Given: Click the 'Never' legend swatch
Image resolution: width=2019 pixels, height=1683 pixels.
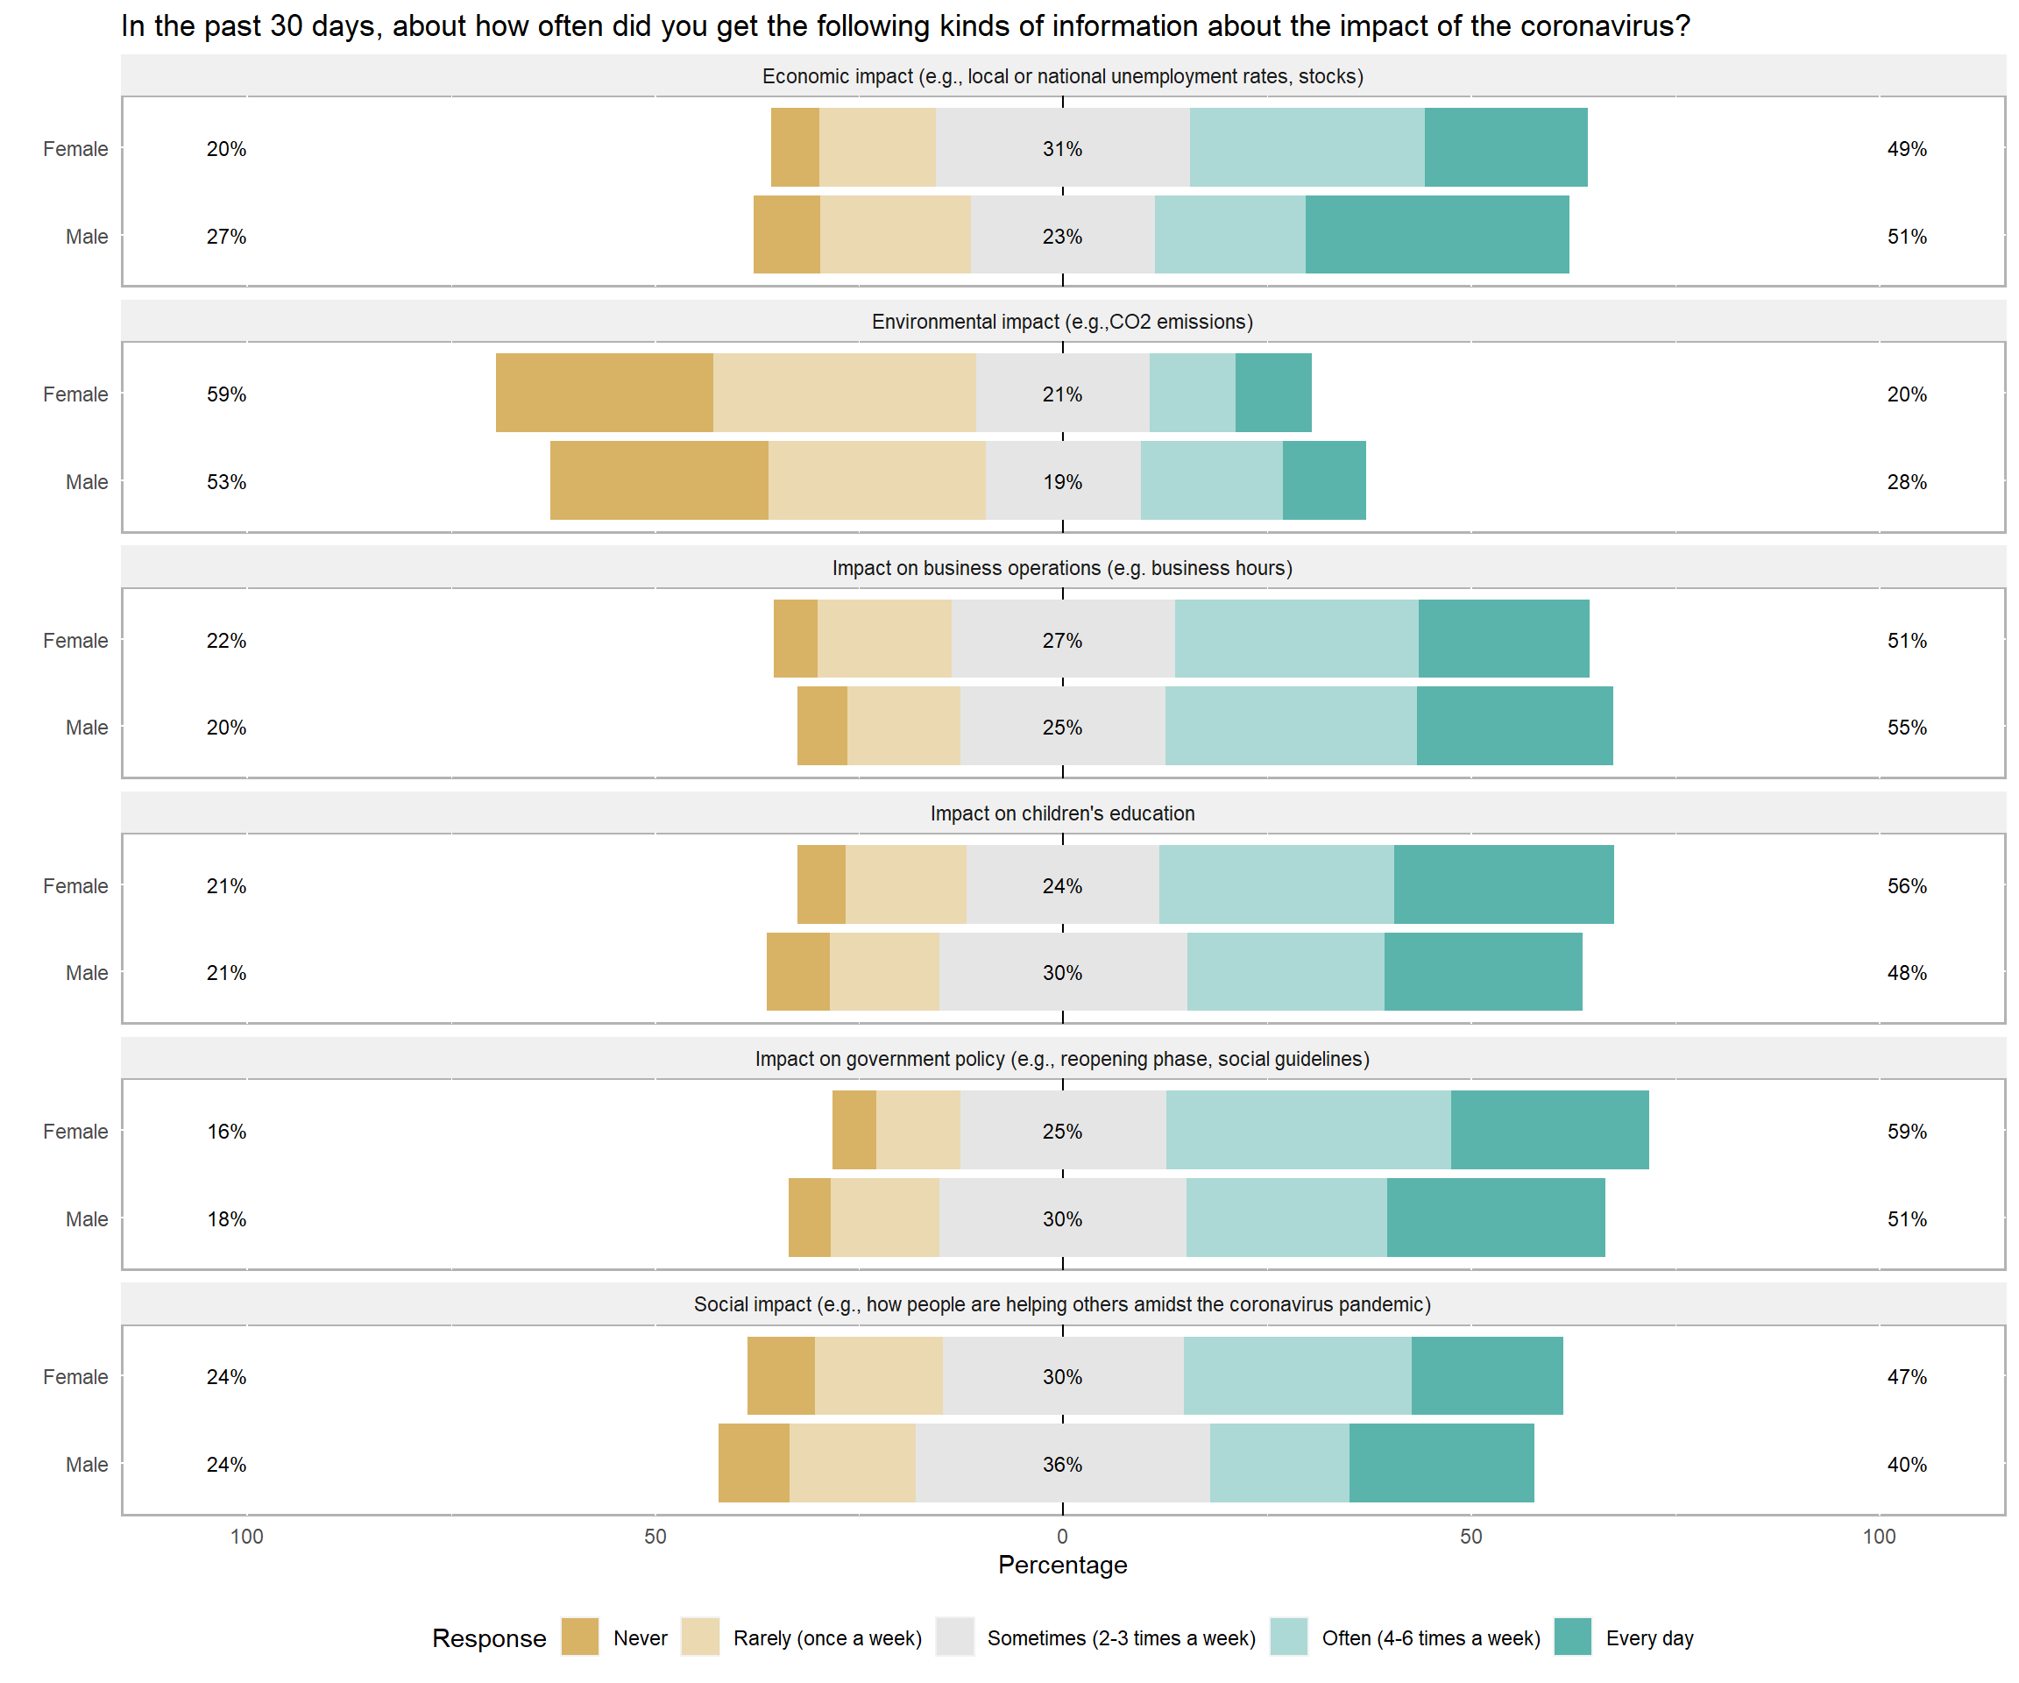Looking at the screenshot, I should (580, 1637).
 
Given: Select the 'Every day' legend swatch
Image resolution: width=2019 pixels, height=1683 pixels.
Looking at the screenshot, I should (1572, 1637).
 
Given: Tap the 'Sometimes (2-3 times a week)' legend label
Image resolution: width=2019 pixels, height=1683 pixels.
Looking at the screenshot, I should (1121, 1637).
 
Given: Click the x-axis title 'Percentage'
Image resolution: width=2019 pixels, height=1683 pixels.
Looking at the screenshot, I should (1062, 1565).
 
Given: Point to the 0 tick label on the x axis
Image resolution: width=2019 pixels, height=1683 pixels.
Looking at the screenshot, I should (1062, 1536).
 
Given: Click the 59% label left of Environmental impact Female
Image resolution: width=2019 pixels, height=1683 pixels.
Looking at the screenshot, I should (226, 394).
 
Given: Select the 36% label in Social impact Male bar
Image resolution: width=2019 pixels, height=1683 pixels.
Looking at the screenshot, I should (1062, 1464).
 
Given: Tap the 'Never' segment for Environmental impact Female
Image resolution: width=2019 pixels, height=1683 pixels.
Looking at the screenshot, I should (604, 393).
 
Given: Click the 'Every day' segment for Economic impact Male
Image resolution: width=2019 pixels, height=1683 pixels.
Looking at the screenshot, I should (1436, 235).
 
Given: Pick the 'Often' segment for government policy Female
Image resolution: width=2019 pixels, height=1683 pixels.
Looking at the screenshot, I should (1307, 1130).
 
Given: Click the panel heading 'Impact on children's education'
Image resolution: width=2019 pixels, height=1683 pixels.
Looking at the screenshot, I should (1062, 813).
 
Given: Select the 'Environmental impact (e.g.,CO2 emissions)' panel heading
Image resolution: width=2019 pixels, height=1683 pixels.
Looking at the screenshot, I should (1062, 323).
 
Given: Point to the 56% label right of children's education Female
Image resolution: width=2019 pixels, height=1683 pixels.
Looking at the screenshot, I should (1907, 885).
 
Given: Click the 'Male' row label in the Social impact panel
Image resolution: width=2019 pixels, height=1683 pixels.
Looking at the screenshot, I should (87, 1464).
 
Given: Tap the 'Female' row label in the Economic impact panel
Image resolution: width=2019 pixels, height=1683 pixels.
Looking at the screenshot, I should (75, 149).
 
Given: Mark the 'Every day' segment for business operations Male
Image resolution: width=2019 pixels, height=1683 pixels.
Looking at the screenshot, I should (1514, 726).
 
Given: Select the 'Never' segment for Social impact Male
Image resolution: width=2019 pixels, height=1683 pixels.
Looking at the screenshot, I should (754, 1462).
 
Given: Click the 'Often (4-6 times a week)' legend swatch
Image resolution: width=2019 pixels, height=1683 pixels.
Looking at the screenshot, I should (1288, 1637).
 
